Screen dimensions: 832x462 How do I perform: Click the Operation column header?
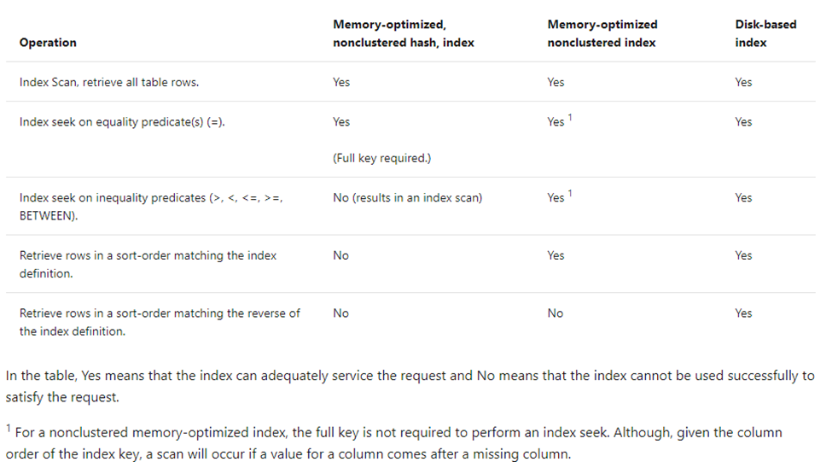[48, 43]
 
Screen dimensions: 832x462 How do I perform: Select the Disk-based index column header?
[765, 33]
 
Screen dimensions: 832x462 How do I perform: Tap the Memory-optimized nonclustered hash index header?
[404, 33]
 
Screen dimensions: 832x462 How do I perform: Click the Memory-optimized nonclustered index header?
[602, 33]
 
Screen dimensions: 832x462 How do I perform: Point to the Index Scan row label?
[108, 82]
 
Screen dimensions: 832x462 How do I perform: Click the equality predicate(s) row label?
[122, 122]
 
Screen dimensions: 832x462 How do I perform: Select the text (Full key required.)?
[382, 158]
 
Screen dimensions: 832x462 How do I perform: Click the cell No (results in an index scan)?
[408, 197]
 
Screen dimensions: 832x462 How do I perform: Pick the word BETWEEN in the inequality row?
[47, 216]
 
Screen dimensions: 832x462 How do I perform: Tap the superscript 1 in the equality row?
[570, 117]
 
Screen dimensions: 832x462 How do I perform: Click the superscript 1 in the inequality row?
[570, 193]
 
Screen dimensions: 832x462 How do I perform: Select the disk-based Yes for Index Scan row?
[743, 82]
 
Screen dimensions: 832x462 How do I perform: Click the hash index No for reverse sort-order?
[340, 313]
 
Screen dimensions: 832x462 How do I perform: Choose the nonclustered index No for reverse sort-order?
[555, 313]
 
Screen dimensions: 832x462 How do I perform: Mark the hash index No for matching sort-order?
[340, 255]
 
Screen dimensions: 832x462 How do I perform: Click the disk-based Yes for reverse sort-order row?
[743, 313]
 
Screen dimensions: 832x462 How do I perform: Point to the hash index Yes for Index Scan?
[341, 82]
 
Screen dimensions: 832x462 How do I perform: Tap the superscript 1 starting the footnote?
[9, 428]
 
